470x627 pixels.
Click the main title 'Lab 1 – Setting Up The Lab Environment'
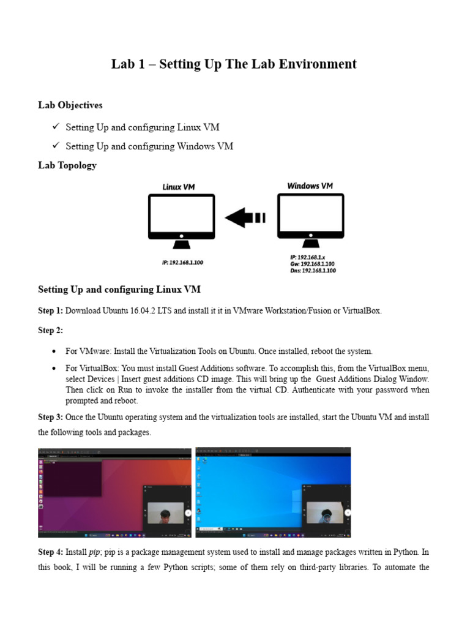pos(234,64)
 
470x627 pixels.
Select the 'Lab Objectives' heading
pos(70,105)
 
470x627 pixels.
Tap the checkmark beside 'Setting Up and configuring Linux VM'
pos(55,127)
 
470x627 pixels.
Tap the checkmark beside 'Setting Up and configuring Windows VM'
pos(55,146)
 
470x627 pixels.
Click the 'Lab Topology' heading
pos(67,165)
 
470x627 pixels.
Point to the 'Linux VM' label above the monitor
pos(179,187)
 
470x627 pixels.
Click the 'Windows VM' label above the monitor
pos(310,186)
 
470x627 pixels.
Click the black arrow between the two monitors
pos(245,217)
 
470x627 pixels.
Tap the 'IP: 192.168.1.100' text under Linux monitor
pos(182,262)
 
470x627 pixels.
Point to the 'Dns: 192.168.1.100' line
pos(313,270)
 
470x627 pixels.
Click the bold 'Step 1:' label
pos(50,310)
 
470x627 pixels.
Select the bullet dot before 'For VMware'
pos(54,351)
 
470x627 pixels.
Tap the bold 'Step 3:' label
pos(50,417)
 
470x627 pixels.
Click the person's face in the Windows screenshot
pos(324,514)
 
